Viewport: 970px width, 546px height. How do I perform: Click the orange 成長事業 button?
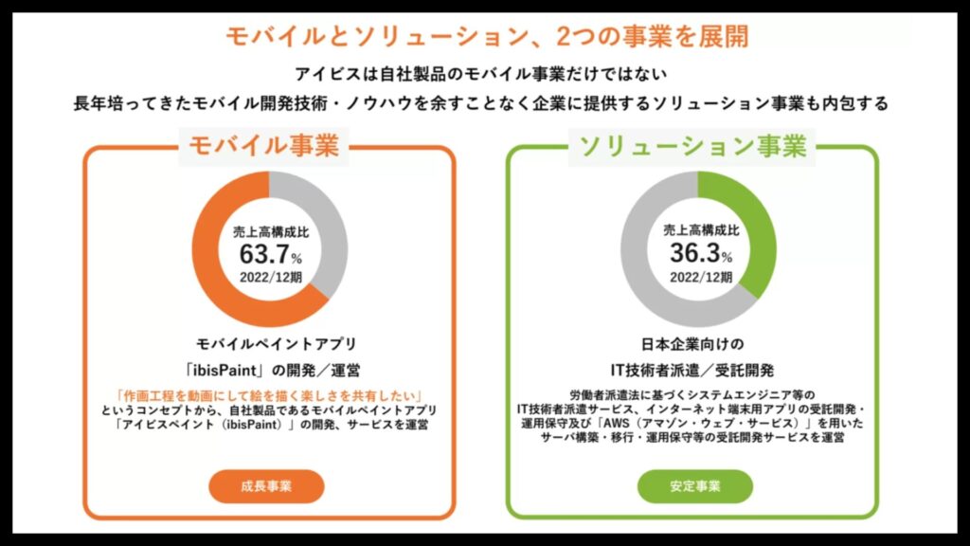click(x=266, y=486)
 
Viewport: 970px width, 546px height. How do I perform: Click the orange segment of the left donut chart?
click(x=220, y=284)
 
